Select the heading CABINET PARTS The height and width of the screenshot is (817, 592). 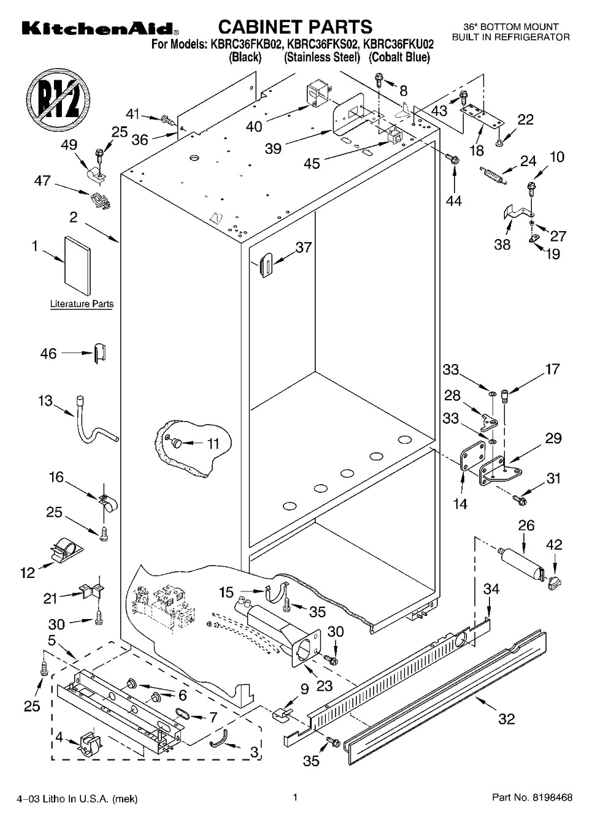coord(295,27)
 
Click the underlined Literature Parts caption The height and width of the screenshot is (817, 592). coord(82,304)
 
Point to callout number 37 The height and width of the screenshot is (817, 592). coord(303,248)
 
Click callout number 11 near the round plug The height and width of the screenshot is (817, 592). coord(212,443)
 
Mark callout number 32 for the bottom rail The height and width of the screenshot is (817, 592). coord(506,718)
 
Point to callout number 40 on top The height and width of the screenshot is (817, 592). coord(253,126)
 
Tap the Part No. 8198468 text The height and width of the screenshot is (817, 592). coord(532,797)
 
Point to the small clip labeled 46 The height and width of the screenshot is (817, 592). coord(99,354)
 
